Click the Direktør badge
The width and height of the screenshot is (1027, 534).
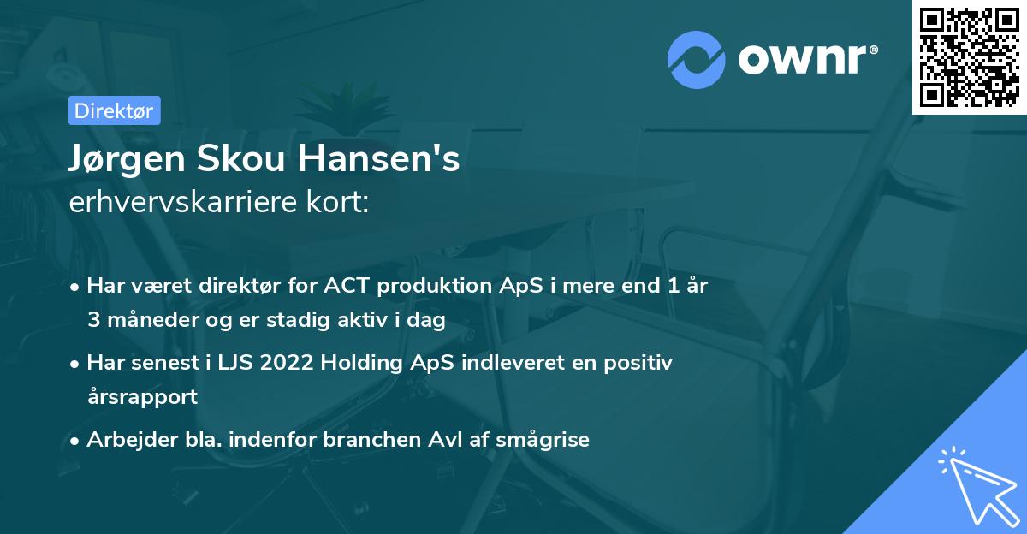click(x=114, y=110)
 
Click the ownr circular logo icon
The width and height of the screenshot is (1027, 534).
click(x=696, y=60)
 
